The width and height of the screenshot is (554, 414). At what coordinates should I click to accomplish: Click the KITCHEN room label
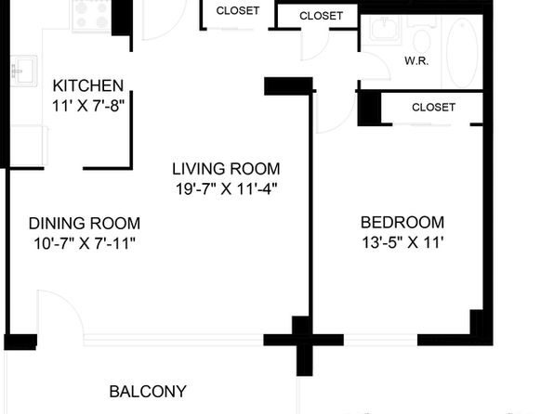88,85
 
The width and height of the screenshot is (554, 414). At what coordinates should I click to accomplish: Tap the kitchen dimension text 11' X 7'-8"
88,106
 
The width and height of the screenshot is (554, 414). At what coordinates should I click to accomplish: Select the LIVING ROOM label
226,169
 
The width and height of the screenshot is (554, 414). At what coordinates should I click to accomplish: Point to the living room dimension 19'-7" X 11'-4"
226,188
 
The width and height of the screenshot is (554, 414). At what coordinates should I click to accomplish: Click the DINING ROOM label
85,224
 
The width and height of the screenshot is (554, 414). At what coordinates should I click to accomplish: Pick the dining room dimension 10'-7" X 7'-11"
85,243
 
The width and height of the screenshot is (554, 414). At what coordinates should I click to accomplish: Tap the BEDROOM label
402,223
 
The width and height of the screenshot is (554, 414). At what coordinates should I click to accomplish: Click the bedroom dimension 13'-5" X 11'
402,242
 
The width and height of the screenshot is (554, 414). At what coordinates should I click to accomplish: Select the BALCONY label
148,392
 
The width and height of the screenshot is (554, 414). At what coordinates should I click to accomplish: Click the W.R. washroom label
416,61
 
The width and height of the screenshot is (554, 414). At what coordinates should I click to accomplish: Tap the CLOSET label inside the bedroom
433,108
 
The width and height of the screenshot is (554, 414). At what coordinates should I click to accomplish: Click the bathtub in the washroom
462,51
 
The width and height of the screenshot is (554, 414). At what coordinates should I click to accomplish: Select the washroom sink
385,30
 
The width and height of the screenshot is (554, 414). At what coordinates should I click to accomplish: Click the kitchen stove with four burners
92,15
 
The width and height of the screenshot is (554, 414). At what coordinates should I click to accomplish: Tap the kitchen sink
24,71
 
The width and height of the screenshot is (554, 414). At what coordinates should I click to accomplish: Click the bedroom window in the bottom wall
380,340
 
